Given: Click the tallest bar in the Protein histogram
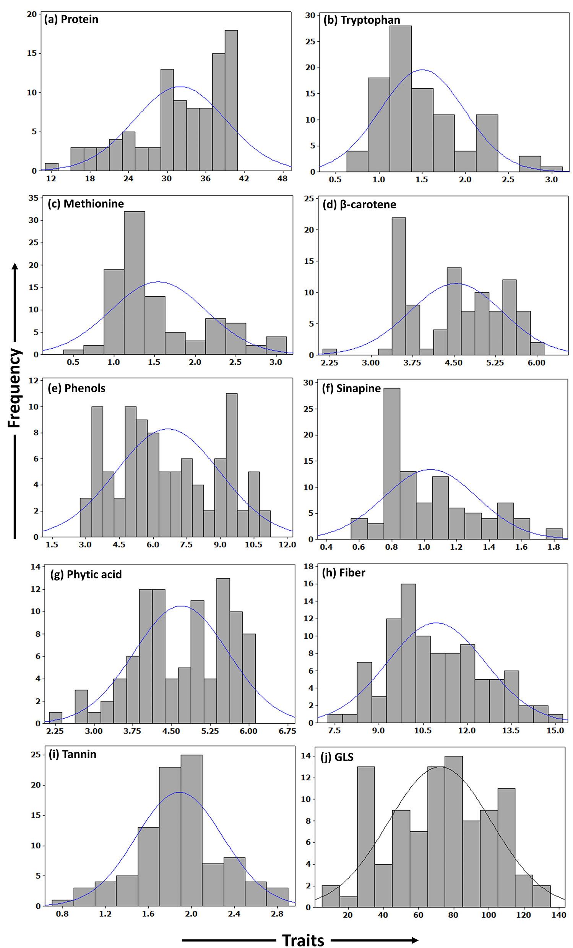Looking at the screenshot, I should click(231, 100).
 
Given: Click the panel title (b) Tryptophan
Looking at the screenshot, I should click(361, 20).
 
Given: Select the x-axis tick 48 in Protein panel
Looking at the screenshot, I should click(282, 179).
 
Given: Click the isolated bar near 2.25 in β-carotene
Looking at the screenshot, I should click(330, 352).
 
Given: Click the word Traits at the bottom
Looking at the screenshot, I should click(303, 940).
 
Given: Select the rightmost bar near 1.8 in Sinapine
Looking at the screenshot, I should click(554, 534).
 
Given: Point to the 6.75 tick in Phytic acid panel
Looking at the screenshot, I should click(287, 731).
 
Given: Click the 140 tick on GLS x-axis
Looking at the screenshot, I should click(558, 915).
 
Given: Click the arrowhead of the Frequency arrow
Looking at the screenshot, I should click(15, 266).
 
